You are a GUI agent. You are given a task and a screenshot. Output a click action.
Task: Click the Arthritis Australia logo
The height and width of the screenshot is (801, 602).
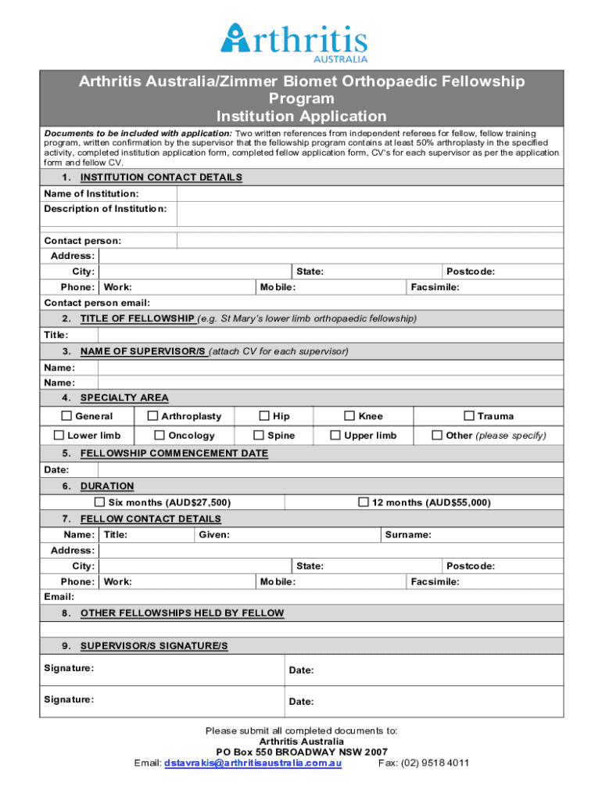[x=294, y=41]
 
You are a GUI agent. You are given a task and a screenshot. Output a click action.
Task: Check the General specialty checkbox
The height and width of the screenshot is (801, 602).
[x=67, y=416]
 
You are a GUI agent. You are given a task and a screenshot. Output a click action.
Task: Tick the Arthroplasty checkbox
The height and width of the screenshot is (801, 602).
[x=153, y=416]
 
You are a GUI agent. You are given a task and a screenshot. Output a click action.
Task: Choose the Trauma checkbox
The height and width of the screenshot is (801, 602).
[x=469, y=416]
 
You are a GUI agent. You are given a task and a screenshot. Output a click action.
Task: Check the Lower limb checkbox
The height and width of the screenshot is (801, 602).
[x=59, y=435]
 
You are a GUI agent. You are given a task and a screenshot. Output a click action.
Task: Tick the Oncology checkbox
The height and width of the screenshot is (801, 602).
[x=159, y=435]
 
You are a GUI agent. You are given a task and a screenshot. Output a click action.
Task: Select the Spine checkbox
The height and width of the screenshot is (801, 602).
[x=259, y=435]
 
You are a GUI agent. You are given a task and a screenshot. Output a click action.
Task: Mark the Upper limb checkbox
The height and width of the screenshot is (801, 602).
[x=335, y=435]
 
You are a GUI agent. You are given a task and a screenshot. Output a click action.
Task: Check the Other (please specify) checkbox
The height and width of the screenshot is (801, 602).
[x=438, y=435]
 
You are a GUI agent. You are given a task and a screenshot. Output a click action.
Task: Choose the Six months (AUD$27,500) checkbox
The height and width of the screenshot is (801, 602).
[x=99, y=502]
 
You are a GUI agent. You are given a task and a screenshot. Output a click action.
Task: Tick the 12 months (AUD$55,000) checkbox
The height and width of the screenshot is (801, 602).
[x=364, y=502]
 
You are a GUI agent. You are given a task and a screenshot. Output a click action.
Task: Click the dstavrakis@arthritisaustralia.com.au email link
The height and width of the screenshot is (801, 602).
[x=253, y=763]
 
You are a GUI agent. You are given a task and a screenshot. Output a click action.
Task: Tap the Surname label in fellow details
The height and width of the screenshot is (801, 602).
[x=407, y=535]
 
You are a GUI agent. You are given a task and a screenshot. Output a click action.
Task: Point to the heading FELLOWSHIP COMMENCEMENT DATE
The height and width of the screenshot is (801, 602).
[x=174, y=454]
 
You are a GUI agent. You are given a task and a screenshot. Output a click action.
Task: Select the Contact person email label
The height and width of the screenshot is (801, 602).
[x=97, y=303]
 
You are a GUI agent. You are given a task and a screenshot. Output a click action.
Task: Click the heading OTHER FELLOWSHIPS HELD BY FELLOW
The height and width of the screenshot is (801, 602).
[x=182, y=613]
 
